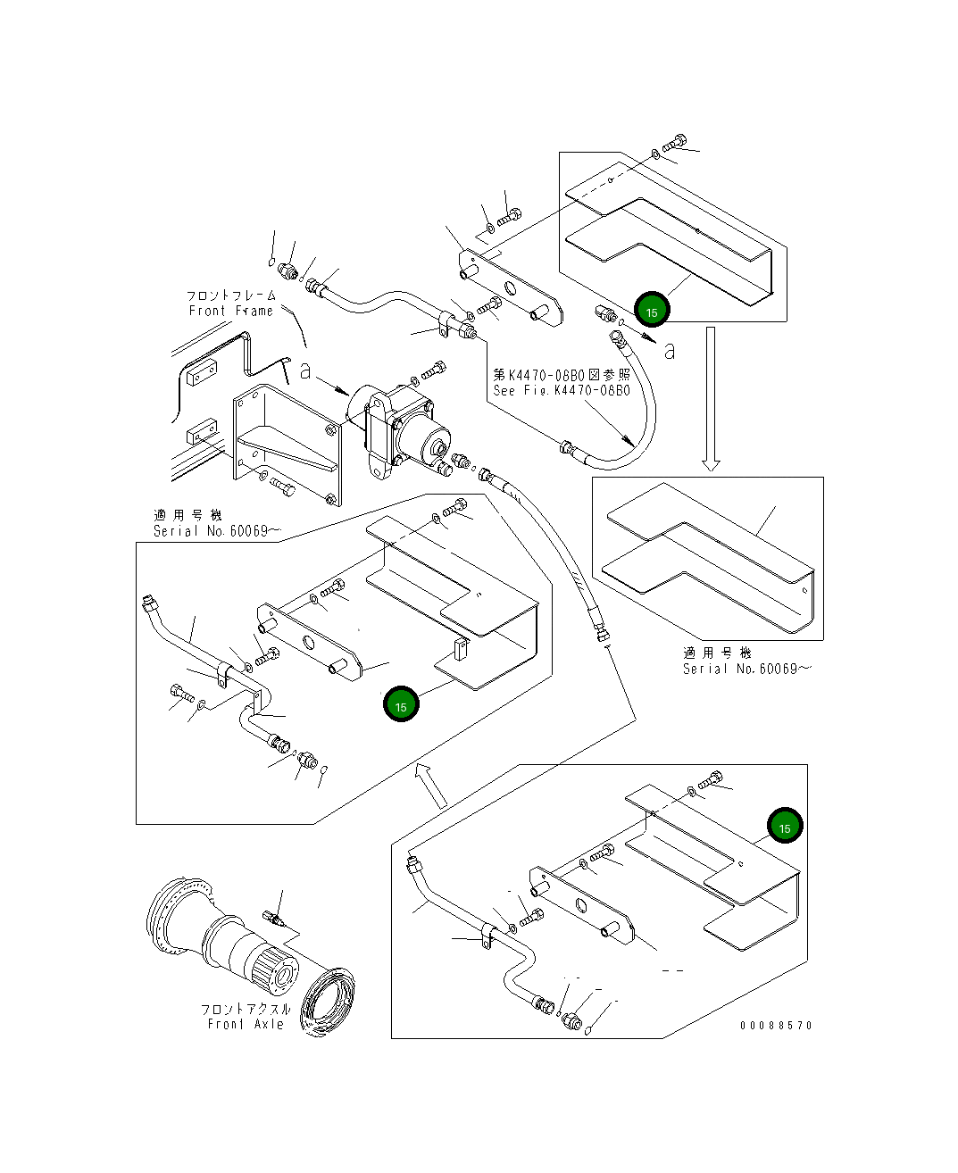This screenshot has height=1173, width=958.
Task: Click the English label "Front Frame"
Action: click(x=231, y=311)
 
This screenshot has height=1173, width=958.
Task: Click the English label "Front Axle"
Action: click(x=246, y=1024)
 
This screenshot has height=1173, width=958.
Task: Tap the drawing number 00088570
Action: click(x=776, y=1025)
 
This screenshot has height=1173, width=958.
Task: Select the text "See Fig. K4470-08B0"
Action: click(x=562, y=390)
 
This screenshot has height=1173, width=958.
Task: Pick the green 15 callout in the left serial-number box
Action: click(x=401, y=704)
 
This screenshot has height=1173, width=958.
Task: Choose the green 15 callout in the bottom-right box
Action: click(x=785, y=826)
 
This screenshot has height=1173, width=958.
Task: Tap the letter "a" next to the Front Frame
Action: click(x=304, y=371)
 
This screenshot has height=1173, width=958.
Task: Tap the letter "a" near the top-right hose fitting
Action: click(x=670, y=351)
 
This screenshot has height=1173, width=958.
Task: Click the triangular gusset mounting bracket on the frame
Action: click(x=287, y=444)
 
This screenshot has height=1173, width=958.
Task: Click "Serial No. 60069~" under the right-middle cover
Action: click(x=747, y=669)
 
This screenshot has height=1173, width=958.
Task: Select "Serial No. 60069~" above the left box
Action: click(x=218, y=531)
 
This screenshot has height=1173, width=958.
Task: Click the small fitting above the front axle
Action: click(x=273, y=918)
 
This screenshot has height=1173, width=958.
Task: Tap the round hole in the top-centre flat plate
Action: click(x=510, y=288)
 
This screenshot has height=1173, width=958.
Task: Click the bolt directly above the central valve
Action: click(x=433, y=370)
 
